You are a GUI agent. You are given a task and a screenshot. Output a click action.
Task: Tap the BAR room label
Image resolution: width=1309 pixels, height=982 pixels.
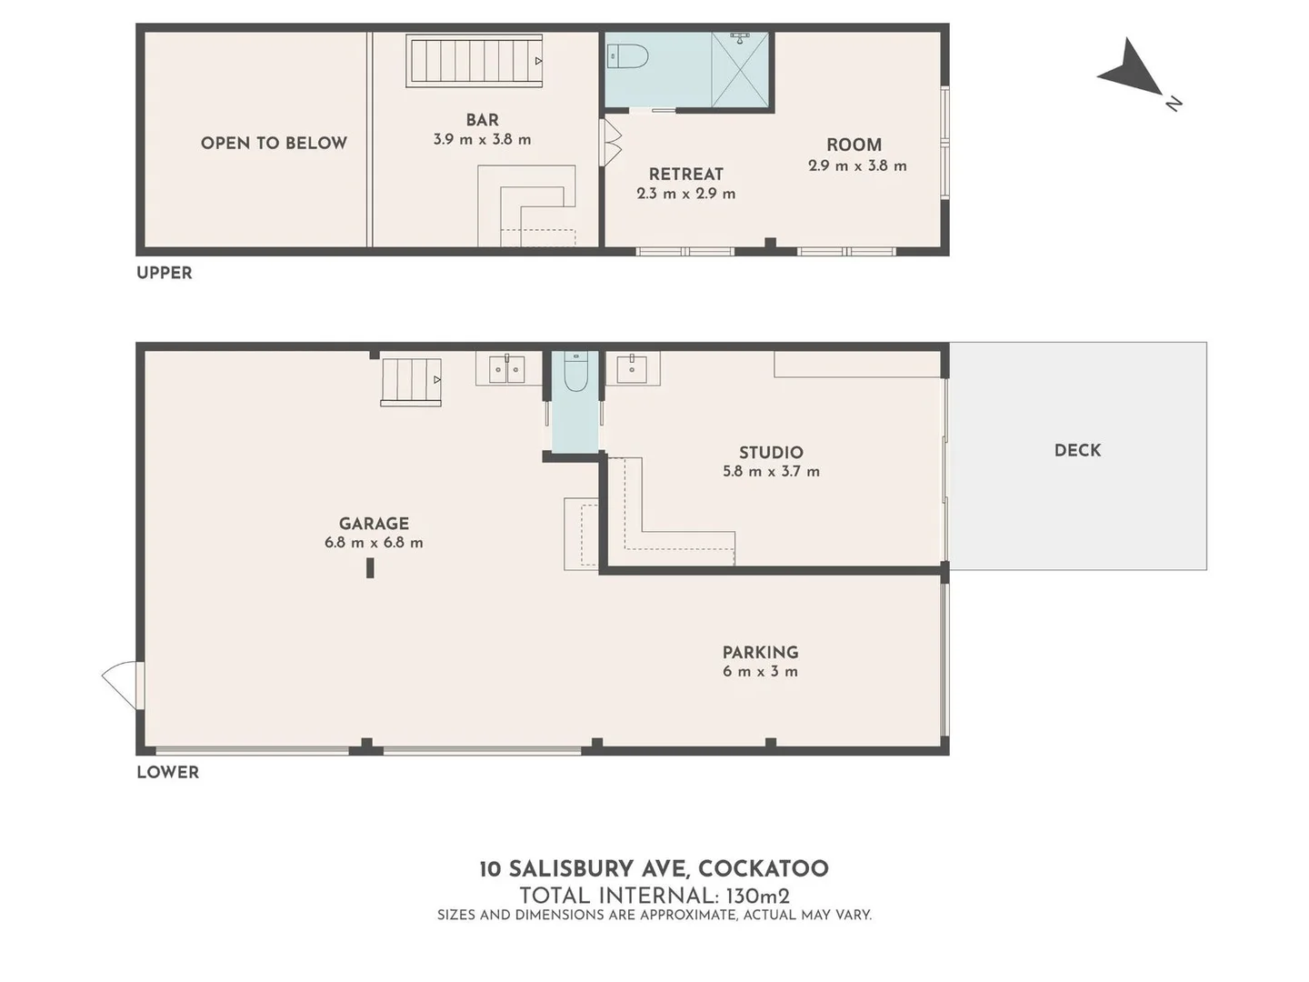pyautogui.click(x=482, y=120)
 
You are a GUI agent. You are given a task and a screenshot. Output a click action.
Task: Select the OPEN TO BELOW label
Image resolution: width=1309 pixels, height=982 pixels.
pyautogui.click(x=274, y=143)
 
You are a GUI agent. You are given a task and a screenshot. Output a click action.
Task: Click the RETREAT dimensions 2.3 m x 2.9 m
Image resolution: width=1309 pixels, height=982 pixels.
pyautogui.click(x=686, y=194)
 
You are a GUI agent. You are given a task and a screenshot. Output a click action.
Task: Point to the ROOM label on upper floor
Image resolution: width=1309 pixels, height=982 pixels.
pyautogui.click(x=854, y=145)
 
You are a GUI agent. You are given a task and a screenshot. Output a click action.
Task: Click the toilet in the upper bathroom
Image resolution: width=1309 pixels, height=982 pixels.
pyautogui.click(x=626, y=56)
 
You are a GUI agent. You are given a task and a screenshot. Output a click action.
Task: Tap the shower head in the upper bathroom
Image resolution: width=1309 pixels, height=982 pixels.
pyautogui.click(x=741, y=38)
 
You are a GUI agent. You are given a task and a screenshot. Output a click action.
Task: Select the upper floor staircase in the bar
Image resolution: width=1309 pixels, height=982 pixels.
pyautogui.click(x=475, y=61)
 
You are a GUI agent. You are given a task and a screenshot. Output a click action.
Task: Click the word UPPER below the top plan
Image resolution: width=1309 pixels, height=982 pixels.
pyautogui.click(x=165, y=273)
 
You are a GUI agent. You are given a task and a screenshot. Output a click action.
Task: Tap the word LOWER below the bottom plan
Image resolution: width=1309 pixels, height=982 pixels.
pyautogui.click(x=167, y=772)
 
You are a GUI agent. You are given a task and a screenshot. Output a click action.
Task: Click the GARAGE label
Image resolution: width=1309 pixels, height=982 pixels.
pyautogui.click(x=374, y=524)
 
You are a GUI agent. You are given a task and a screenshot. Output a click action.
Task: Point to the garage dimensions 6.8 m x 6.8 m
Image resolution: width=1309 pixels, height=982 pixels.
pyautogui.click(x=374, y=543)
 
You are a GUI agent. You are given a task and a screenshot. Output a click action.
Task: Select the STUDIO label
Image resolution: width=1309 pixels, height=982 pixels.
pyautogui.click(x=771, y=453)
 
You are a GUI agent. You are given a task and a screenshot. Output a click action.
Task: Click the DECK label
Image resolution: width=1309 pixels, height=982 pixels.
pyautogui.click(x=1077, y=450)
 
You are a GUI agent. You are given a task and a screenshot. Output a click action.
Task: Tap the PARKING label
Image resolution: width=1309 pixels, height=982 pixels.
pyautogui.click(x=760, y=653)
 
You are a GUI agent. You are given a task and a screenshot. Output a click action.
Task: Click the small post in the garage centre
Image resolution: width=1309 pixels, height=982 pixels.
pyautogui.click(x=370, y=567)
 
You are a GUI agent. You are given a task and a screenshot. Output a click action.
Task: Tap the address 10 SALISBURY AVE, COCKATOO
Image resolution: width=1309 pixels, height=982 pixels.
pyautogui.click(x=654, y=869)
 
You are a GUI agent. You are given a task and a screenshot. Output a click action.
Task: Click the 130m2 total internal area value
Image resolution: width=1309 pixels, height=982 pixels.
pyautogui.click(x=757, y=896)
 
